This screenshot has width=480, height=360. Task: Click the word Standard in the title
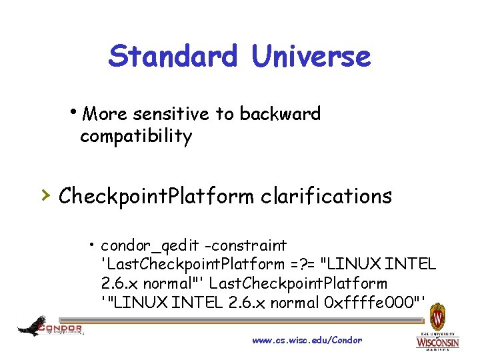click(x=172, y=56)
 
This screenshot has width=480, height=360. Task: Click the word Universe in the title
click(x=311, y=56)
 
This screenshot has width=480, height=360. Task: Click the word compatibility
click(x=136, y=137)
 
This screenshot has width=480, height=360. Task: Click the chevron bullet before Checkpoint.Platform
click(x=44, y=195)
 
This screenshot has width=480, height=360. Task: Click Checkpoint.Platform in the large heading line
click(x=156, y=196)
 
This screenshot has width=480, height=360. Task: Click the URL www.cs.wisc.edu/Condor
click(x=307, y=340)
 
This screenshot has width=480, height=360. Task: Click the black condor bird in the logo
click(x=31, y=326)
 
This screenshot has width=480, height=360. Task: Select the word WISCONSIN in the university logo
click(x=437, y=343)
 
